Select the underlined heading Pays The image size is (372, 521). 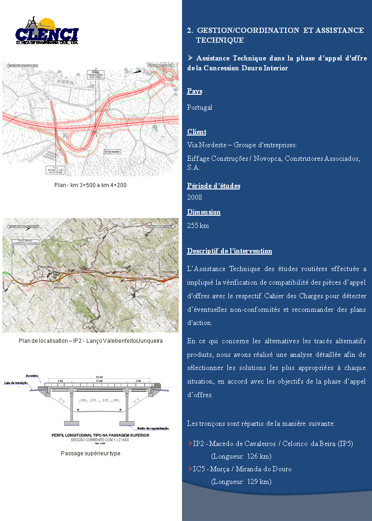click(195, 91)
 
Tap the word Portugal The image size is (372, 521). click(200, 107)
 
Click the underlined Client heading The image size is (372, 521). click(197, 132)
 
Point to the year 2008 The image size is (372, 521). click(195, 197)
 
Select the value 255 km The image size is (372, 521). click(198, 226)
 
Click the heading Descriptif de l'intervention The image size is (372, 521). click(229, 251)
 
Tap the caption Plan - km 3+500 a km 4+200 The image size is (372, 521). click(91, 185)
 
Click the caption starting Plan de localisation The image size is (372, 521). click(91, 340)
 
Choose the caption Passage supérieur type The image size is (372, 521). click(91, 453)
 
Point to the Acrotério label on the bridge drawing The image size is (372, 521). click(32, 376)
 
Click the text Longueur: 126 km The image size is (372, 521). click(242, 456)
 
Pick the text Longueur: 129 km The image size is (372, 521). click(242, 482)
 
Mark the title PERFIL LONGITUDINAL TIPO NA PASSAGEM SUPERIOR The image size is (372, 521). click(100, 435)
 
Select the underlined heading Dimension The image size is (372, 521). click(204, 212)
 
